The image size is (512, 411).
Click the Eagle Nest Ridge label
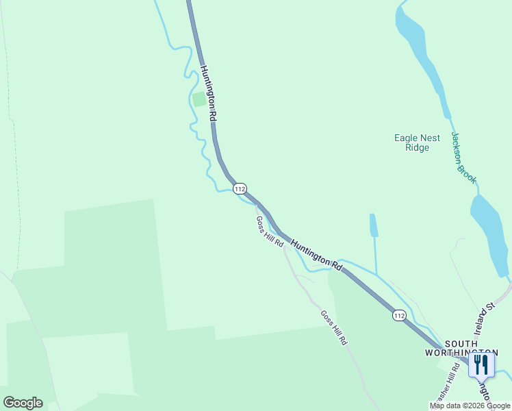(x=417, y=142)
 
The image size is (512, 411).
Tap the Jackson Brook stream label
(x=463, y=158)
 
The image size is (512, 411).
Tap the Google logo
(x=23, y=403)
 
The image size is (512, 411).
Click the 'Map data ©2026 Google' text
(x=470, y=406)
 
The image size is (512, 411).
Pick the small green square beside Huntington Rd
(x=199, y=99)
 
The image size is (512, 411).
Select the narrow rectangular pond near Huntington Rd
(x=373, y=225)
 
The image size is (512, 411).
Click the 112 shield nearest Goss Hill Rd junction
(x=239, y=188)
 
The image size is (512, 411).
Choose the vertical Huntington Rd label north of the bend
(x=209, y=93)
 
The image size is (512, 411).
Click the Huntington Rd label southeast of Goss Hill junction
(x=316, y=253)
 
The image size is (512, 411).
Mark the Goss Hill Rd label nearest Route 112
(x=270, y=232)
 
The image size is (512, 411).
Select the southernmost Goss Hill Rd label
(x=334, y=327)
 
